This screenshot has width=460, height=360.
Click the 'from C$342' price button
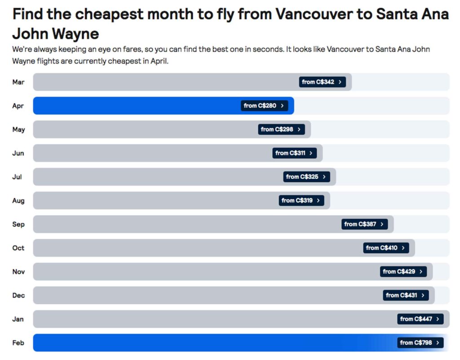tap(322, 82)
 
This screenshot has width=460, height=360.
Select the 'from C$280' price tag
tap(264, 106)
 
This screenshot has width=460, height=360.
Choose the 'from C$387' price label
tap(364, 224)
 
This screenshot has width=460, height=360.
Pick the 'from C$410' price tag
tap(386, 248)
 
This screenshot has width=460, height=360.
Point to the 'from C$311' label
tap(294, 153)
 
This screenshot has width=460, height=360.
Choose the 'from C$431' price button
tap(406, 295)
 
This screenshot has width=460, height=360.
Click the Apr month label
tap(18, 106)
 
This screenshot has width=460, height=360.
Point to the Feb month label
tap(18, 343)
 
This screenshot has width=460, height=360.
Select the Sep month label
tap(18, 224)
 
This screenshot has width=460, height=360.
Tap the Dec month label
tap(18, 295)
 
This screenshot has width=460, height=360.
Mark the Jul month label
tap(17, 177)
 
